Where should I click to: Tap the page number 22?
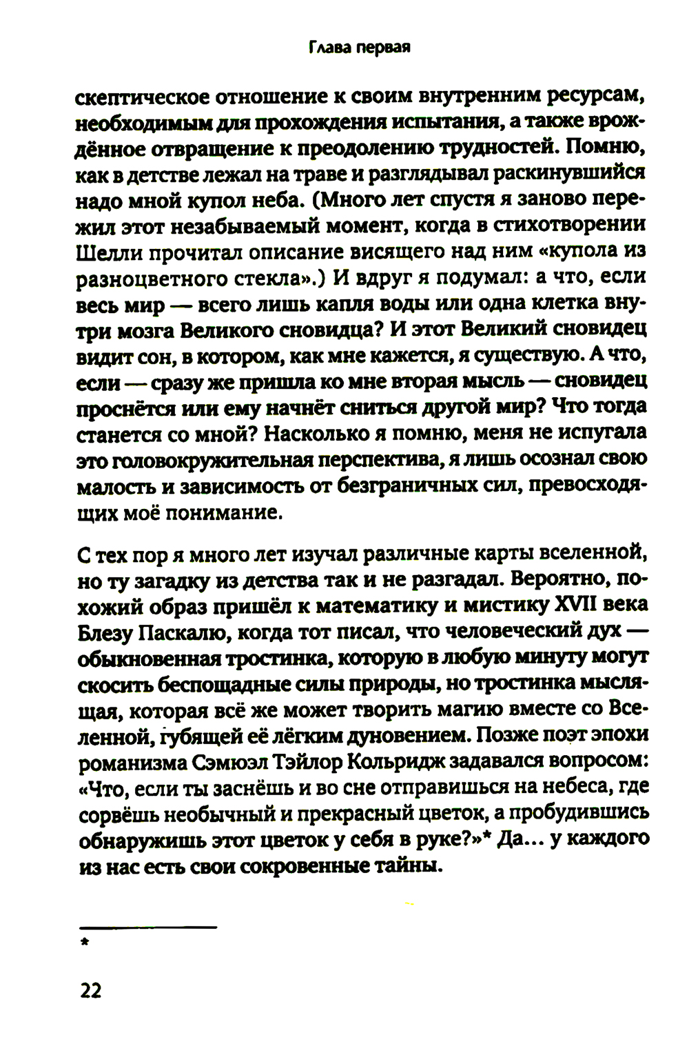(90, 991)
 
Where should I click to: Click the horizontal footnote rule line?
(147, 928)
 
